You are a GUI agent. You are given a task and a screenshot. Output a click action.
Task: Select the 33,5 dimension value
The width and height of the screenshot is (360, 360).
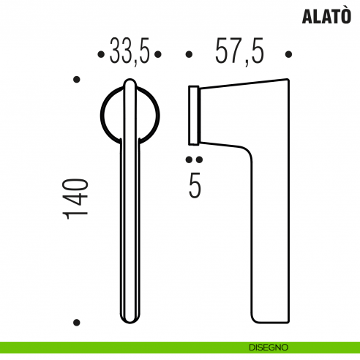pos(130,53)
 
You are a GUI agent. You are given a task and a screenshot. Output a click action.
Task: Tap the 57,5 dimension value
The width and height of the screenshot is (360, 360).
pos(239,53)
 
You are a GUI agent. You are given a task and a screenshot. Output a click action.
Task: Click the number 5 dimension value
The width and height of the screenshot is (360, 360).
pos(195,185)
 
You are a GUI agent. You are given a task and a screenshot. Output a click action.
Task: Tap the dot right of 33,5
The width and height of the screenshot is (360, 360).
pos(159,54)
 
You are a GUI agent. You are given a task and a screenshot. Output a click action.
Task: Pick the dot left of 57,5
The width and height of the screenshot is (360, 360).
pos(189,54)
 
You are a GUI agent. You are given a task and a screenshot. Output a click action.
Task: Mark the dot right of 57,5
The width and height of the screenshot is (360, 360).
pos(289,54)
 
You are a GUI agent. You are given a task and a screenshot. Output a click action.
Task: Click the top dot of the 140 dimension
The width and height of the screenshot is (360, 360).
pos(76,78)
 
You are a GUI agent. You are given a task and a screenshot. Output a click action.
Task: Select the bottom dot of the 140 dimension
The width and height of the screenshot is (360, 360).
pos(76,322)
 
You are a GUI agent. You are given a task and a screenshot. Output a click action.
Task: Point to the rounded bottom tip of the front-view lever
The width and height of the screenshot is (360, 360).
pos(129,317)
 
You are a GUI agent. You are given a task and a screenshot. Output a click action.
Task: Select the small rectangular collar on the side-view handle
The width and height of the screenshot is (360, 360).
pos(194,113)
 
